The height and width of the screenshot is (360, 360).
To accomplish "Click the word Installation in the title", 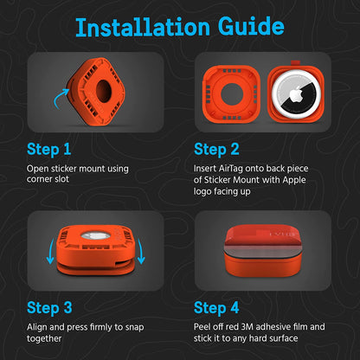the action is [x=143, y=27].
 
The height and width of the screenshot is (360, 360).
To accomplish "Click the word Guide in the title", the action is [x=251, y=27].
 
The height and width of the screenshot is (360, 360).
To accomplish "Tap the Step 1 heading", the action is [x=49, y=150].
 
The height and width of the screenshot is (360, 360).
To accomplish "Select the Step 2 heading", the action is [x=216, y=150].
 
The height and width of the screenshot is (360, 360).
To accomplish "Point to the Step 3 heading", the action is [x=49, y=308].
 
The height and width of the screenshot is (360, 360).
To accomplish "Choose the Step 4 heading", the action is [x=216, y=308].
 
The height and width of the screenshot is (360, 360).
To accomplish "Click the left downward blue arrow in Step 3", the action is [x=50, y=251].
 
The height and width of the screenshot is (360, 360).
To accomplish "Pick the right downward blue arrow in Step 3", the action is [x=140, y=251].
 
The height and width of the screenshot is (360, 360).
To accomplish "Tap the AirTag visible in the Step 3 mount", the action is [x=93, y=235].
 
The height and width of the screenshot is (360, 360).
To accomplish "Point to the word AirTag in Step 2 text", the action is [x=231, y=168].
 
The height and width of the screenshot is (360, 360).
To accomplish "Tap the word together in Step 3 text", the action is [x=44, y=338].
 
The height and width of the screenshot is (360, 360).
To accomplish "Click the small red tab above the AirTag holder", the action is [x=295, y=63].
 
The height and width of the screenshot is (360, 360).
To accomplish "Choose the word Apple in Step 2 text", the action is [x=294, y=180].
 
